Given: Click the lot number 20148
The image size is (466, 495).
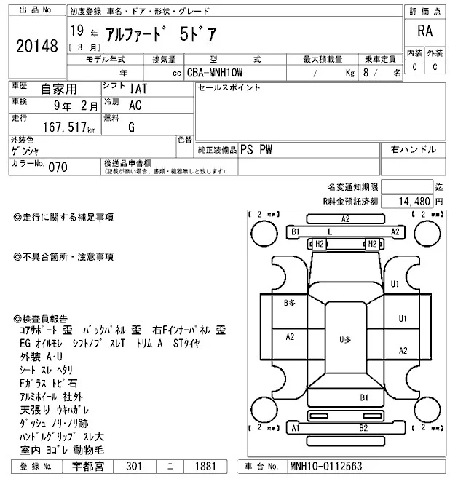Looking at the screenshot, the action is tap(36, 47).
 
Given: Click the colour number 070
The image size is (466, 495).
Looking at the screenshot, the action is tap(58, 167).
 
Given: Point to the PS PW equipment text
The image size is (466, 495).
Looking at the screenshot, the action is tap(256, 149).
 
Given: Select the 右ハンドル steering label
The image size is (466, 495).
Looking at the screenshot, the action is tap(414, 149).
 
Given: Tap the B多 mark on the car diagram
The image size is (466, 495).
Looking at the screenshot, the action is tap(289, 302).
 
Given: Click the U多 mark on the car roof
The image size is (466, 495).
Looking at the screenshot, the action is tap(345, 340).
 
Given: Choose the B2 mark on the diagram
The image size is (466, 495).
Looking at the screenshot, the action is tap(363, 428).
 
